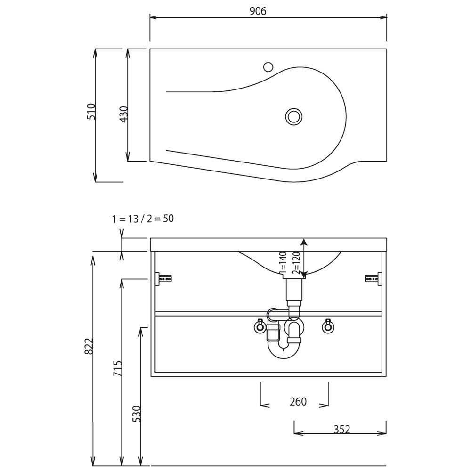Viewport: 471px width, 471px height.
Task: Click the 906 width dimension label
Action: click(x=258, y=11)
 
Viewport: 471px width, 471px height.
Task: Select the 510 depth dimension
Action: click(x=91, y=112)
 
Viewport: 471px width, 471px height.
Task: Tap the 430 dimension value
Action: click(x=124, y=114)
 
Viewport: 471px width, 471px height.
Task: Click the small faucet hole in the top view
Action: click(x=268, y=67)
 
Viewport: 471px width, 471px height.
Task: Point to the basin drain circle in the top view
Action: click(x=293, y=116)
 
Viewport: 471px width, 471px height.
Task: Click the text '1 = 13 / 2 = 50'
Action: click(x=143, y=219)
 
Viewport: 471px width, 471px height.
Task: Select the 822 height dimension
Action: click(x=89, y=346)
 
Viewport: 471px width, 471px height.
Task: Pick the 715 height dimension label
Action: click(x=117, y=369)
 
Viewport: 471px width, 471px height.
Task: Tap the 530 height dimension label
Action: click(x=137, y=414)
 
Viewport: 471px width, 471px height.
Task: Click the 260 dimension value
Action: click(x=298, y=401)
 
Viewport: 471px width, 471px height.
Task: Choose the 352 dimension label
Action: click(x=342, y=429)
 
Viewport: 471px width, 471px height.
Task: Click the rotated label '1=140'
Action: click(x=283, y=263)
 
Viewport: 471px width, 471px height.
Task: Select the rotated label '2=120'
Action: click(x=296, y=263)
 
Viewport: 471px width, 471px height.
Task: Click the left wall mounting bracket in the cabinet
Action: click(x=163, y=278)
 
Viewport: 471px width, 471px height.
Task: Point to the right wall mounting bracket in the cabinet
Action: click(x=374, y=278)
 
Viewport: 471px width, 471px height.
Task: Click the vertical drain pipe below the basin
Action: click(x=293, y=291)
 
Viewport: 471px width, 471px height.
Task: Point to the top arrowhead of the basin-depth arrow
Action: click(x=304, y=242)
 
